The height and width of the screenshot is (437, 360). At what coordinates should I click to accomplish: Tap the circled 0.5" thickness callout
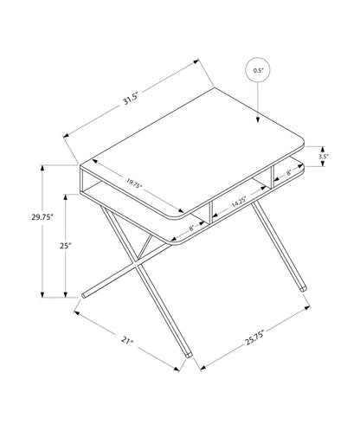[x=257, y=70]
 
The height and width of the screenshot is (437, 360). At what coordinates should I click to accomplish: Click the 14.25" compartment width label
[x=241, y=204]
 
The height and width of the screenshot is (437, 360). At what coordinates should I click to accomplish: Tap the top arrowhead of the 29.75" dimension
[x=41, y=167]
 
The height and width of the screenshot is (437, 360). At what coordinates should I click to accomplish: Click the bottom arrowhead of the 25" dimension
[x=67, y=295]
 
